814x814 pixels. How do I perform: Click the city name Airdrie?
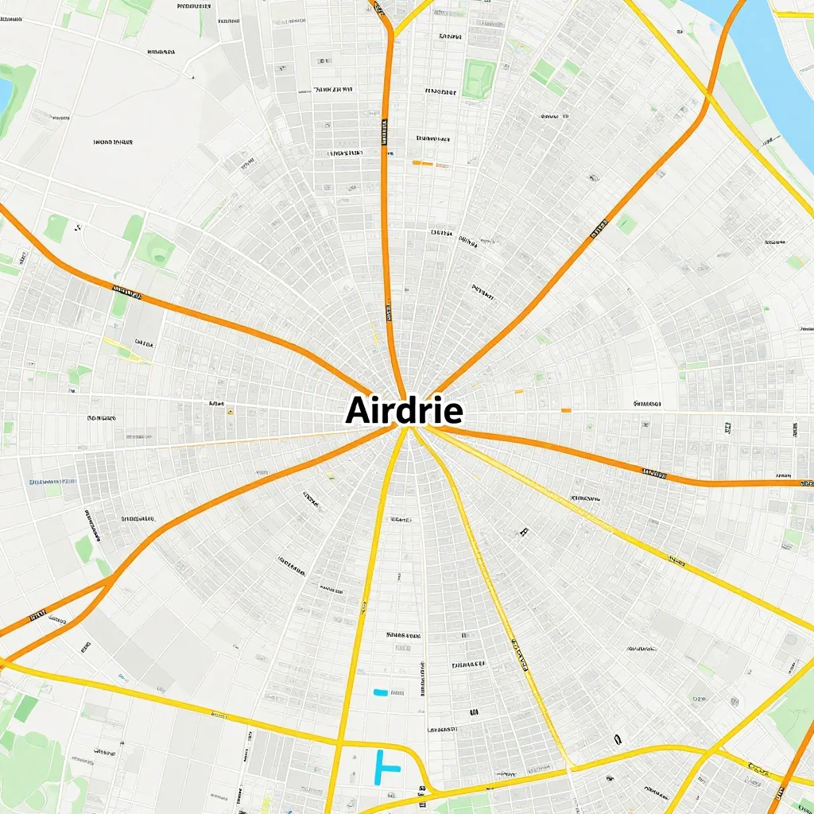[x=405, y=411]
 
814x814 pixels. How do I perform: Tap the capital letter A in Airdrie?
[x=358, y=411]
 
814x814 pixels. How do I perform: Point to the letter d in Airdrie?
[x=405, y=410]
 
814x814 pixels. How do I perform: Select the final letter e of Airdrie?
[x=454, y=413]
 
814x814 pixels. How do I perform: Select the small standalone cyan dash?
[x=380, y=692]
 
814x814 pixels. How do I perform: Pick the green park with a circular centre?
[x=156, y=251]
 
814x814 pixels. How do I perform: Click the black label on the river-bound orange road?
[x=598, y=233]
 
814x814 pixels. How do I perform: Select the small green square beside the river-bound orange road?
[x=626, y=224]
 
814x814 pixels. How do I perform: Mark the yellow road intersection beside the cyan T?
[x=340, y=745]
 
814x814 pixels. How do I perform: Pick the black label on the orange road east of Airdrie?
[x=653, y=474]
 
